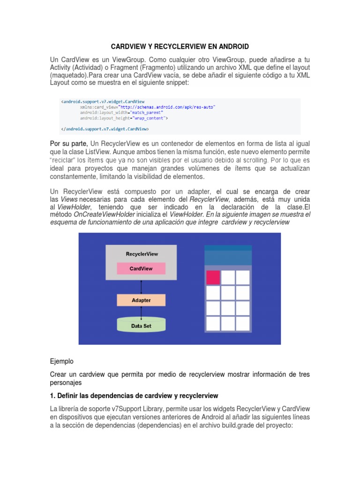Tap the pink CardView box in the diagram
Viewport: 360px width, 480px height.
click(141, 268)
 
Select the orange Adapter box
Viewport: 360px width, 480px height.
click(141, 300)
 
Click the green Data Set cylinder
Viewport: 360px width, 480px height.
click(141, 324)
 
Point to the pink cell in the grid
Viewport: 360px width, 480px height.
click(213, 277)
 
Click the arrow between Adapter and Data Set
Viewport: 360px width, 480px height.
click(141, 312)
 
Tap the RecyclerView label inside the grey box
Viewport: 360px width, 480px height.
click(142, 254)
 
